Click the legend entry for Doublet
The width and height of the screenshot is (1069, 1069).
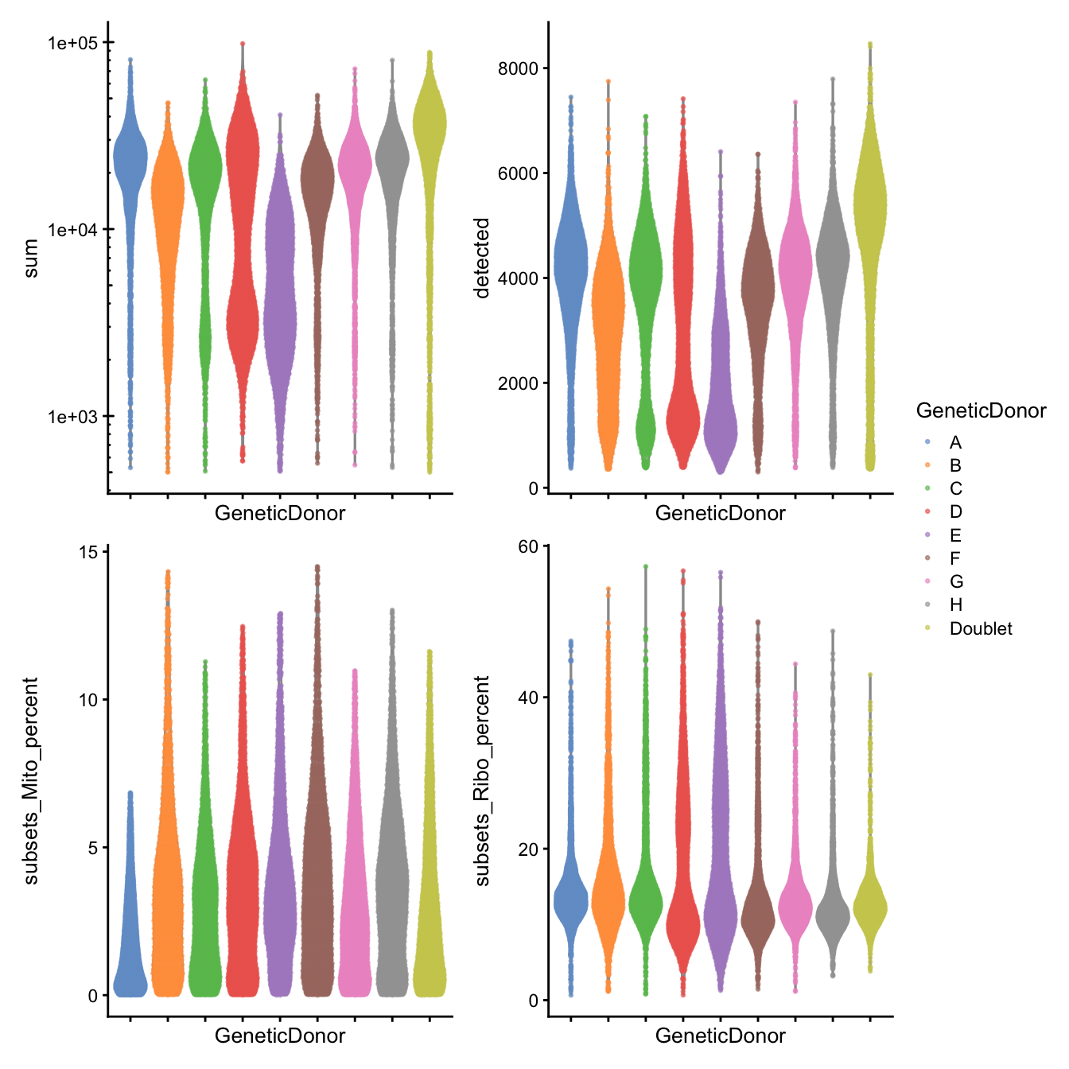980,628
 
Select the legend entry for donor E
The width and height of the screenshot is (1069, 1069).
954,535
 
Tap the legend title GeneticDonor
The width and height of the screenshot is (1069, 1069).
981,410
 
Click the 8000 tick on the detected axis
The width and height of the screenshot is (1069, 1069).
518,68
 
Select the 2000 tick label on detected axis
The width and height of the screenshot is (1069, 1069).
518,383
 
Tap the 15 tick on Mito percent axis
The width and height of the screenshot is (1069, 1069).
87,552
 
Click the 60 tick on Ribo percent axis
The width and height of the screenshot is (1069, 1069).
528,546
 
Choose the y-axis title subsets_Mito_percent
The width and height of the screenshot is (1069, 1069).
31,780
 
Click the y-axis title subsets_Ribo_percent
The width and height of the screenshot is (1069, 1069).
482,780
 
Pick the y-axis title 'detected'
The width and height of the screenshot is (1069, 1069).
482,258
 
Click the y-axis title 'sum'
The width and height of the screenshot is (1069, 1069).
31,258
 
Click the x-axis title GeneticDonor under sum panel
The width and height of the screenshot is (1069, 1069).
280,513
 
